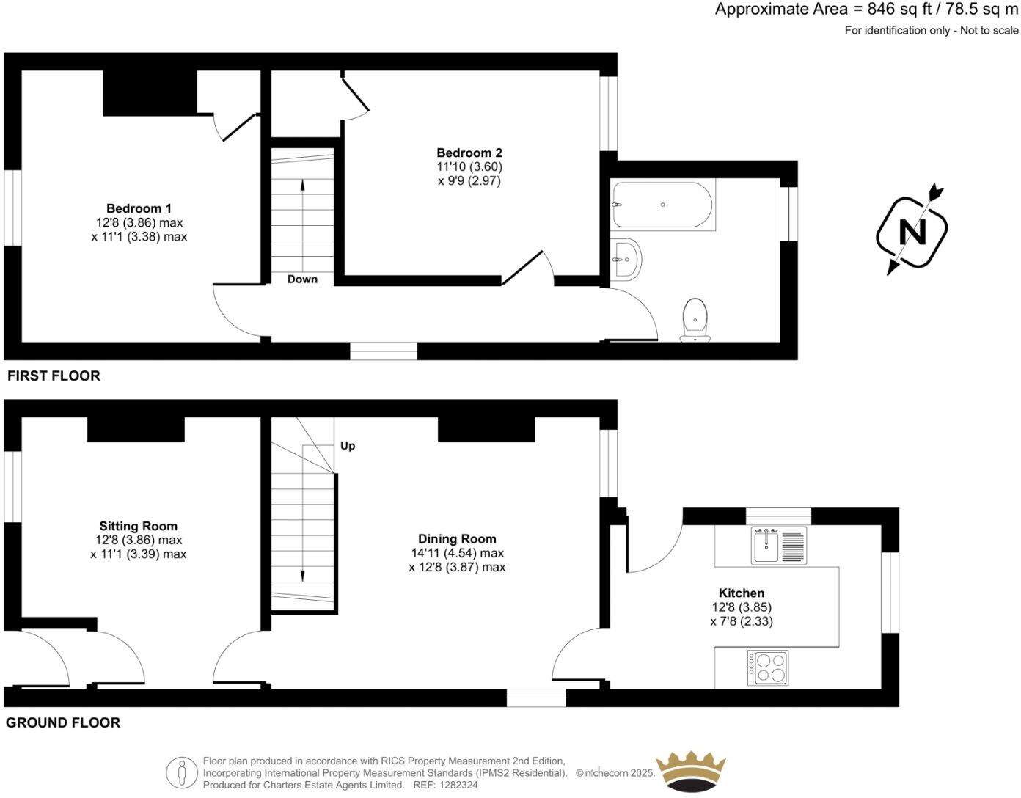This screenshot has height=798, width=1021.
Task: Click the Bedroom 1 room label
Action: pos(139,208)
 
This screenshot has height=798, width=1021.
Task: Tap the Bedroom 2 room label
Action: pos(469,153)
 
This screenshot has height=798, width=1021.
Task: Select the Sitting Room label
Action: pos(139,526)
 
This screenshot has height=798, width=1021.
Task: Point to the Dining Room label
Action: pos(457,539)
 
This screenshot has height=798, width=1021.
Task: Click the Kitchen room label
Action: pos(742,593)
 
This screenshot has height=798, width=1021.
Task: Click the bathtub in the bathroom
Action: pos(662,205)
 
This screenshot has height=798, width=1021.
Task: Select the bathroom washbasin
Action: pos(626,259)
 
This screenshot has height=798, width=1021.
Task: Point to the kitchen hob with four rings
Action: pos(768,667)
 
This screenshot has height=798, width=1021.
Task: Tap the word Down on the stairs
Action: pos(302,279)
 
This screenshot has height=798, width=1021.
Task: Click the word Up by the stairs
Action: pos(348,446)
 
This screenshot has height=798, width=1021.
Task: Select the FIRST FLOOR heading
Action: pos(54,376)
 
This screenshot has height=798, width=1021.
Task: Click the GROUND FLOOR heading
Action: pos(63,723)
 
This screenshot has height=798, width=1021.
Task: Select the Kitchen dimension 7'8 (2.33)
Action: pos(742,621)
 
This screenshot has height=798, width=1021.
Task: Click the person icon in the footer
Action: pos(180,772)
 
